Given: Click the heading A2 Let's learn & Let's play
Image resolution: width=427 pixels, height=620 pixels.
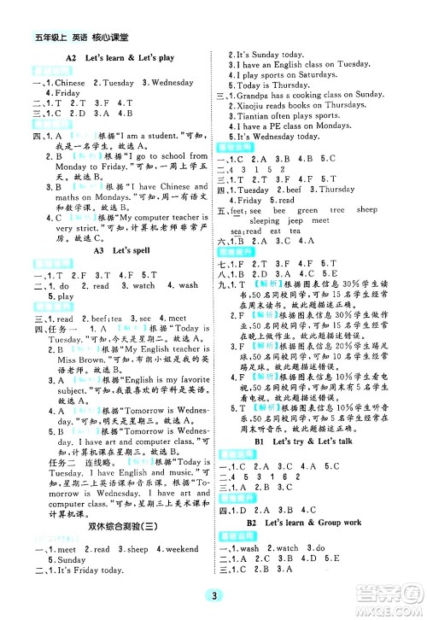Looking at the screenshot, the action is coord(119,57).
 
